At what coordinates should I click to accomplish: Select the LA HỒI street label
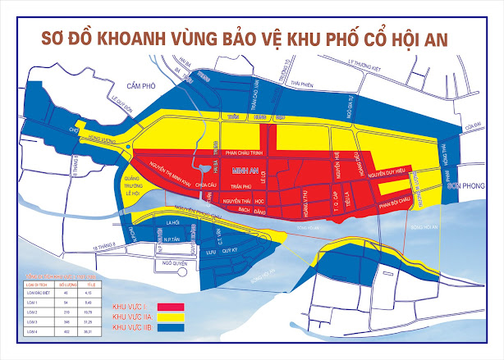[172, 222]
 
